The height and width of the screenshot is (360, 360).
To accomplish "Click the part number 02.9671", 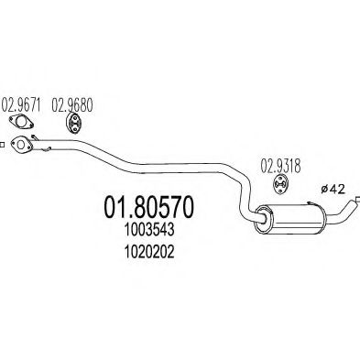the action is coord(22,104).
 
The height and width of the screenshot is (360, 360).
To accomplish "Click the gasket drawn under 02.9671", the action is coord(20,124).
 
